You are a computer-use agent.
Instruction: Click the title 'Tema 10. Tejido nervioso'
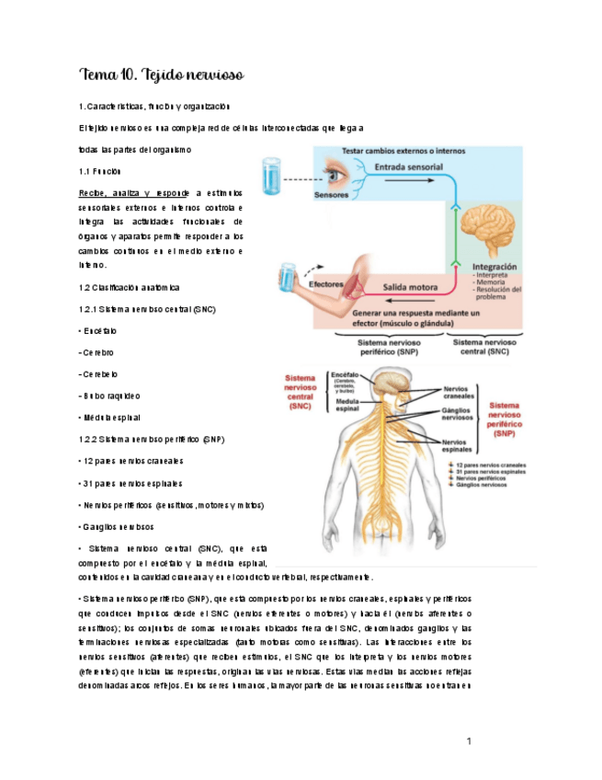click(x=161, y=74)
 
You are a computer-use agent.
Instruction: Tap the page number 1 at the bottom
click(x=469, y=740)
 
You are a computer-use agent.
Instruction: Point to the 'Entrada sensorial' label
click(x=408, y=167)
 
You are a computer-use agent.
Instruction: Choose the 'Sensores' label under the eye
click(x=331, y=196)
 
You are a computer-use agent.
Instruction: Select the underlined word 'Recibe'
click(x=93, y=194)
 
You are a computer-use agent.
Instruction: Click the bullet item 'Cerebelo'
click(x=100, y=374)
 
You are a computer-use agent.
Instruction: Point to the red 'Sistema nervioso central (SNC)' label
click(x=301, y=390)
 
